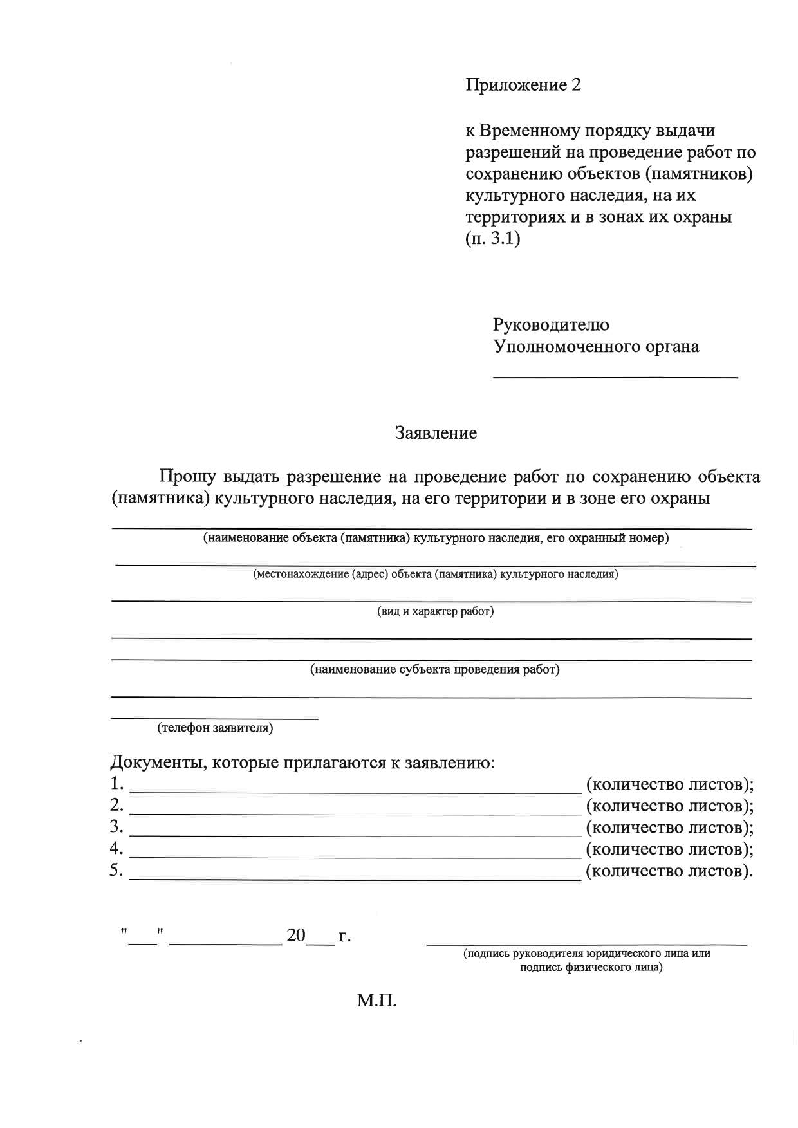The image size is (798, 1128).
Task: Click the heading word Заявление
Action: [x=436, y=433]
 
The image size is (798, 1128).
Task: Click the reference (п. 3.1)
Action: [x=492, y=239]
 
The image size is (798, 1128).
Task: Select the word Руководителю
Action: [x=551, y=324]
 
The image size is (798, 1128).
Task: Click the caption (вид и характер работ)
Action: [x=435, y=611]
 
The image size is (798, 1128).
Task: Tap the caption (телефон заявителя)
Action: [x=215, y=728]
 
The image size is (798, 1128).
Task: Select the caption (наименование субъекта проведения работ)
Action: [x=435, y=670]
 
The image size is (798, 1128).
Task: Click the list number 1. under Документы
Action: [x=116, y=784]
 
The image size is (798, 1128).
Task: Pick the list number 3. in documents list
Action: [x=116, y=826]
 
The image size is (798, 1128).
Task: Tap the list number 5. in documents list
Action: [x=116, y=871]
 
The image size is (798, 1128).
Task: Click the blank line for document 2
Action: [x=355, y=813]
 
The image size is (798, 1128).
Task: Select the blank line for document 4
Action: [x=355, y=857]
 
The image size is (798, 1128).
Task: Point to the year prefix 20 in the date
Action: [x=296, y=936]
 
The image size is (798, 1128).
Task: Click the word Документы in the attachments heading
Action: [x=158, y=763]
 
